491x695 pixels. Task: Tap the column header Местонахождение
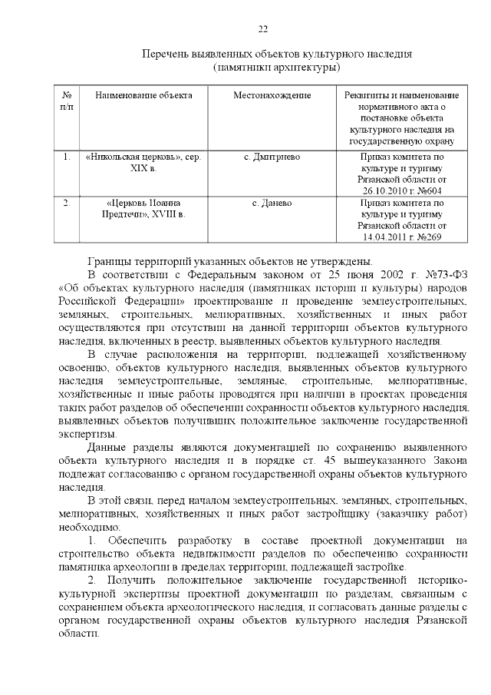pyautogui.click(x=272, y=95)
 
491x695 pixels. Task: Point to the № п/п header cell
pyautogui.click(x=67, y=101)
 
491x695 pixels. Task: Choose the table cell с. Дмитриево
pyautogui.click(x=272, y=157)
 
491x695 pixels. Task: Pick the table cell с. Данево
pyautogui.click(x=272, y=203)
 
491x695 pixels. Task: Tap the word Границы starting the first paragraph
pyautogui.click(x=110, y=262)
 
